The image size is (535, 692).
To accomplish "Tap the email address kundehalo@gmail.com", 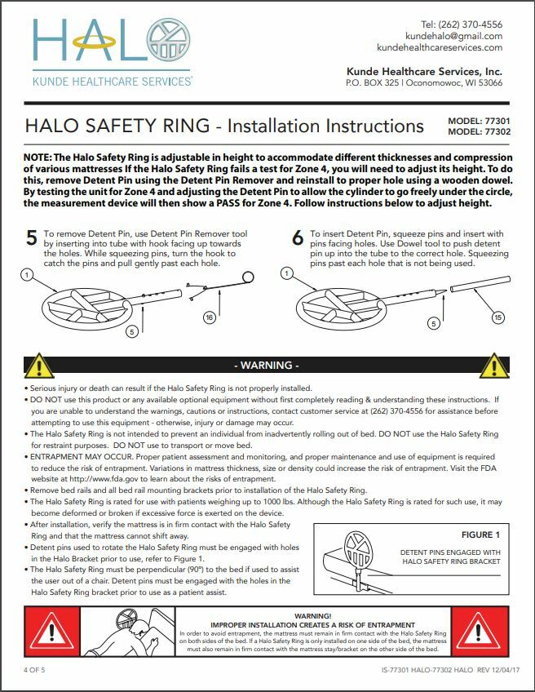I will coord(453,36).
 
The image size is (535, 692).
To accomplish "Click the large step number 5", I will coord(31,238).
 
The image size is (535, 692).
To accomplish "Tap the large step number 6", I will coord(298,238).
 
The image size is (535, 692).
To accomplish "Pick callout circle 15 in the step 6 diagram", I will coord(498,317).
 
